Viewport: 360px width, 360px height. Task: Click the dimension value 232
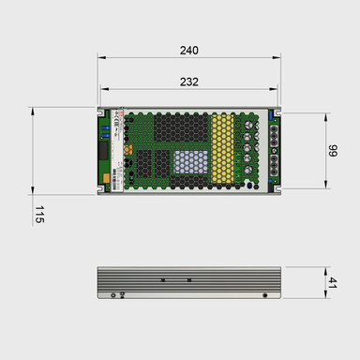[x=188, y=82]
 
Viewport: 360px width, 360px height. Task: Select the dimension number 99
[x=333, y=152]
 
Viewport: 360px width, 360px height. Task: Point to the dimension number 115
[x=38, y=215]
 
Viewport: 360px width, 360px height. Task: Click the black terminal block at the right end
[x=274, y=150]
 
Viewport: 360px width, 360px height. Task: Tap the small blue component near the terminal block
[x=275, y=115]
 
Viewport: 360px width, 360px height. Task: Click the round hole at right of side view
[x=264, y=295]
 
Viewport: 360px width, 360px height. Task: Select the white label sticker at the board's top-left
[x=106, y=120]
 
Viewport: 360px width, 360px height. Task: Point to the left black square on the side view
[x=162, y=280]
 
